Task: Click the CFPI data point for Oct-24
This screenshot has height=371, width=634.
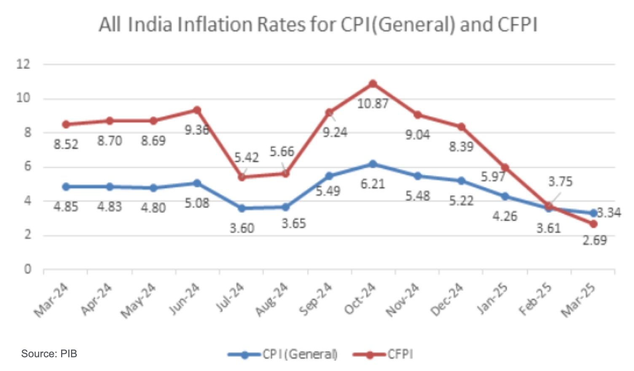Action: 373,84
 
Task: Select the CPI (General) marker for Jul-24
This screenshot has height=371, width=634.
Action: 242,208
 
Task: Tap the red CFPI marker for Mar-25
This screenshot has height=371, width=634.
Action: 594,224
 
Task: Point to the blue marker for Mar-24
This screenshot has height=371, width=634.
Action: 66,187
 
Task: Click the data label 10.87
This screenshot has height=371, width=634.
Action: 373,104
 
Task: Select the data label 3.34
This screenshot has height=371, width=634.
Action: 610,213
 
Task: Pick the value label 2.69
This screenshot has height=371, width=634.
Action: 595,241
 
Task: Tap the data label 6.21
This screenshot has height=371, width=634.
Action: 373,184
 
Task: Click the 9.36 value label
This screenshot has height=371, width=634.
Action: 196,130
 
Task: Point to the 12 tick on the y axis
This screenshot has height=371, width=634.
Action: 24,64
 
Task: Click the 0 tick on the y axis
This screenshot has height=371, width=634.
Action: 27,269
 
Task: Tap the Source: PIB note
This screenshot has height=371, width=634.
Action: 49,354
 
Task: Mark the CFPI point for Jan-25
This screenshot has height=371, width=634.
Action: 505,168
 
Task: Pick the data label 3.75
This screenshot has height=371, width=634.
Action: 560,182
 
